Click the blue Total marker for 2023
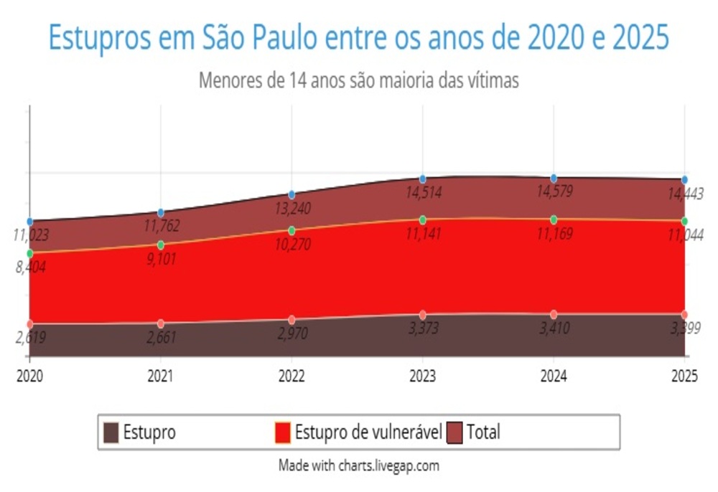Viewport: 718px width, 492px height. [423, 179]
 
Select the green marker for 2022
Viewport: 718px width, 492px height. [292, 230]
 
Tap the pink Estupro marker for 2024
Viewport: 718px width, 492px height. [554, 314]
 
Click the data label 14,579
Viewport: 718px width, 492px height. [554, 192]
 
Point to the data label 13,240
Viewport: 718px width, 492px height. [292, 209]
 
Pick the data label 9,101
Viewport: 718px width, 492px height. [160, 259]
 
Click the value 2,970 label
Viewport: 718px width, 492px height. [292, 333]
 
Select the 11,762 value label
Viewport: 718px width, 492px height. [160, 227]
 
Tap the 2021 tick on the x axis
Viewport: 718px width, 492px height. [160, 377]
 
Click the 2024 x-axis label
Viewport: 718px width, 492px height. [554, 377]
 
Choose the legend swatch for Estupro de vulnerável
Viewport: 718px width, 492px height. [283, 432]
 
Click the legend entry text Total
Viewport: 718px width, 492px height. [483, 432]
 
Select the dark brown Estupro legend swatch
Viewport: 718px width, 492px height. [111, 432]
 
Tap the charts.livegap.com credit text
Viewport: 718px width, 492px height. [388, 465]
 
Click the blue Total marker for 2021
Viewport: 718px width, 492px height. [160, 212]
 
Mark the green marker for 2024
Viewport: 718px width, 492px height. [554, 219]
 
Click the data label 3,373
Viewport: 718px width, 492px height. [423, 329]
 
